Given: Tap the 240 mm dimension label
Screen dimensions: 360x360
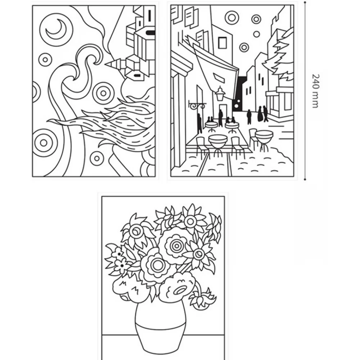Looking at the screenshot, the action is click(x=316, y=91).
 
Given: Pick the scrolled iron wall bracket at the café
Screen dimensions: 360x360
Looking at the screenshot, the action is click(x=196, y=105).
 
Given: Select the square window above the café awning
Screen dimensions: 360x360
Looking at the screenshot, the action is click(x=222, y=42).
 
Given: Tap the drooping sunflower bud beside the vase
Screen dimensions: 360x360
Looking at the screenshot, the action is click(x=202, y=298).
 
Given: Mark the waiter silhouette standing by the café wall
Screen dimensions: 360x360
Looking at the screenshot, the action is click(x=199, y=123).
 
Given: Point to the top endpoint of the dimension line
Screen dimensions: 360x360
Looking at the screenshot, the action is click(x=305, y=2).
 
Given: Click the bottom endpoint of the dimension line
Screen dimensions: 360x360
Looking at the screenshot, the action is click(x=305, y=179).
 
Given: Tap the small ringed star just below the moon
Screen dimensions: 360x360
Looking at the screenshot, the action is click(x=45, y=60).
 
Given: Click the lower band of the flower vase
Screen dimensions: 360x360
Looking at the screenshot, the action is click(x=160, y=340).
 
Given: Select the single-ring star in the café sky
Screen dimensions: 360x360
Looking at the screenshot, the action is click(x=256, y=34).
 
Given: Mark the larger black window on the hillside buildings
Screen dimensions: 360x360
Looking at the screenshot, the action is click(x=150, y=33).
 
